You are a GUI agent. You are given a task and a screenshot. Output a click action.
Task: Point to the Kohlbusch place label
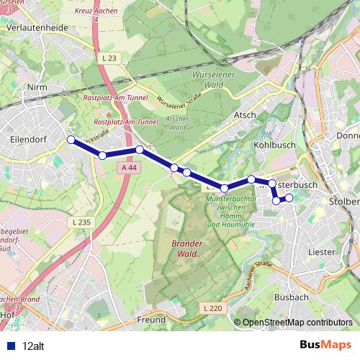(x=271, y=144)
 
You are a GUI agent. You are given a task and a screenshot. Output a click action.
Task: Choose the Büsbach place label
(x=292, y=296)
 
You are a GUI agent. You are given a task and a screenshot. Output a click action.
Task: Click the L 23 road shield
(x=109, y=57)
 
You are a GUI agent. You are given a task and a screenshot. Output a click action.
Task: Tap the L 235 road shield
(x=81, y=222)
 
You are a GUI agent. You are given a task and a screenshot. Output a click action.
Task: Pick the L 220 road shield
(x=211, y=307)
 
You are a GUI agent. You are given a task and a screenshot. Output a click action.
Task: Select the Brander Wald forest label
(x=187, y=248)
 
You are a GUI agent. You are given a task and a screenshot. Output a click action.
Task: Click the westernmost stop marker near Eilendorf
(x=71, y=140)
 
